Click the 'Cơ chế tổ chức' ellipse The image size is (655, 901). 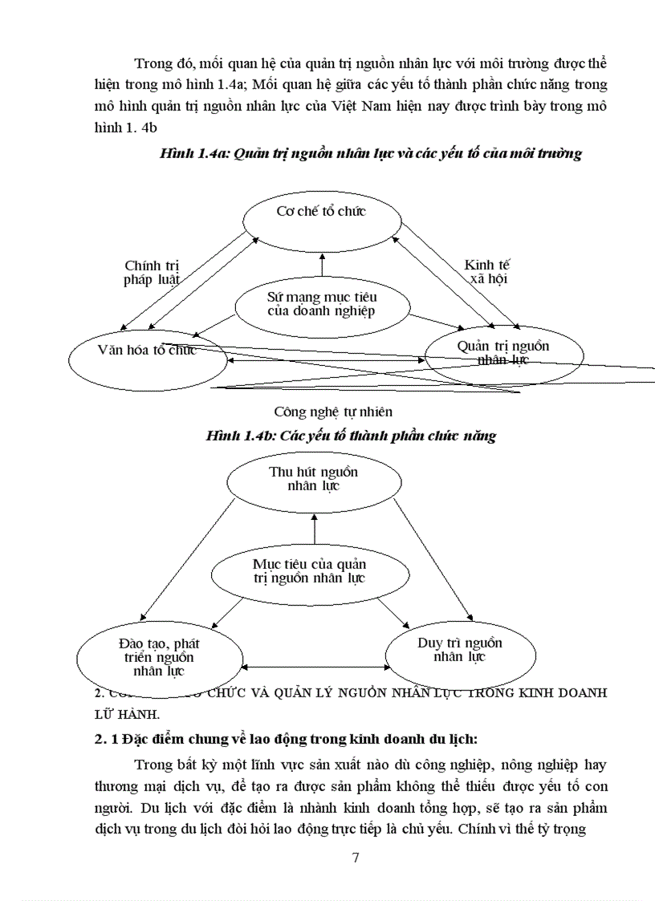coord(321,213)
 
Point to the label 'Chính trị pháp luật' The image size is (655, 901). coord(151,272)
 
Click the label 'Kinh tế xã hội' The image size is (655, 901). coord(488,272)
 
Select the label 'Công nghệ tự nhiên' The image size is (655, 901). coord(333,412)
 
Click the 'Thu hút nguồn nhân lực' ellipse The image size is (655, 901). coord(314,479)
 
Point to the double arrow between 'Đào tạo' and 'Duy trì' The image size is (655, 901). coord(315,667)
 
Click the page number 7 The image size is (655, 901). coord(356,858)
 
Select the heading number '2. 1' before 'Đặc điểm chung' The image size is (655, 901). coord(107,739)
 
